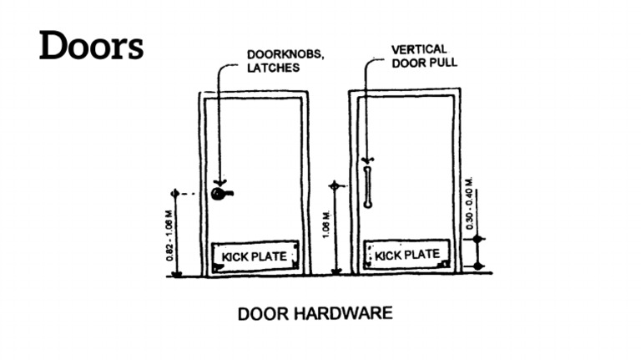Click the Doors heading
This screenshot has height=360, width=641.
(92, 46)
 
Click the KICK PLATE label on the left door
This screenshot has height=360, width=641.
(257, 256)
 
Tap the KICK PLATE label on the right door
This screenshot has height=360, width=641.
(407, 255)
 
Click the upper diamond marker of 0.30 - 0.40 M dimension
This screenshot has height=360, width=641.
(477, 240)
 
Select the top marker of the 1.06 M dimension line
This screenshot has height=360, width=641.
(335, 185)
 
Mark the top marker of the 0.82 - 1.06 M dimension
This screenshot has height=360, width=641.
(174, 194)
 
